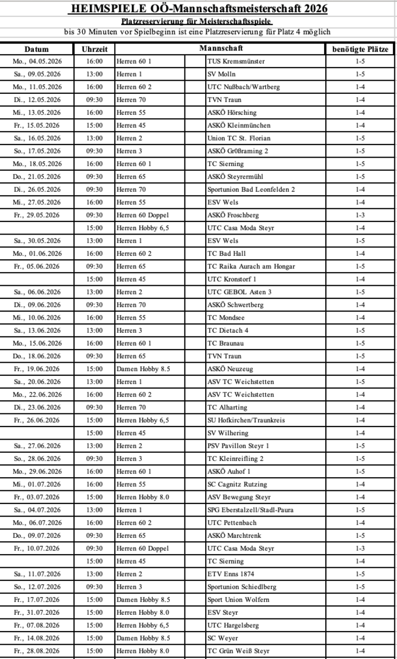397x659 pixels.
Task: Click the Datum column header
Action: coord(36,49)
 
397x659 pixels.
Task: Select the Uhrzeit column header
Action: coord(94,49)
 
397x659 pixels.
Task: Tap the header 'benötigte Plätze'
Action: coord(361,49)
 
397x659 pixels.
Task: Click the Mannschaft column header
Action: coord(221,49)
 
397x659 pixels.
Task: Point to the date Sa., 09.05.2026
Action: coord(37,74)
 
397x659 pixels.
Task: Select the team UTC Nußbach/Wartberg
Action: coord(244,87)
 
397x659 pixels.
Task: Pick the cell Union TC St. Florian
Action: coord(239,138)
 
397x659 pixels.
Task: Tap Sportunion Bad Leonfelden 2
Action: coord(251,189)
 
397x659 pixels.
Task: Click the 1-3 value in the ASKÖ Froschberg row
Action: coord(361,215)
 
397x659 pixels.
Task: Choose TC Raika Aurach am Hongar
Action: coord(251,266)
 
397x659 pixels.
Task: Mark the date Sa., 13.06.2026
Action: coord(37,331)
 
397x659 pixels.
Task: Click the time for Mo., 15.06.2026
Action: coord(94,343)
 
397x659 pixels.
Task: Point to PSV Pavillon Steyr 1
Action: coord(238,446)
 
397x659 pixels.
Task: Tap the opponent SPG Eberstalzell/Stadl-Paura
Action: coord(250,510)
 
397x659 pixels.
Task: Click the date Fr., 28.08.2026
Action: coord(37,651)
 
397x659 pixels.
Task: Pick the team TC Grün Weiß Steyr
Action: coord(238,651)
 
